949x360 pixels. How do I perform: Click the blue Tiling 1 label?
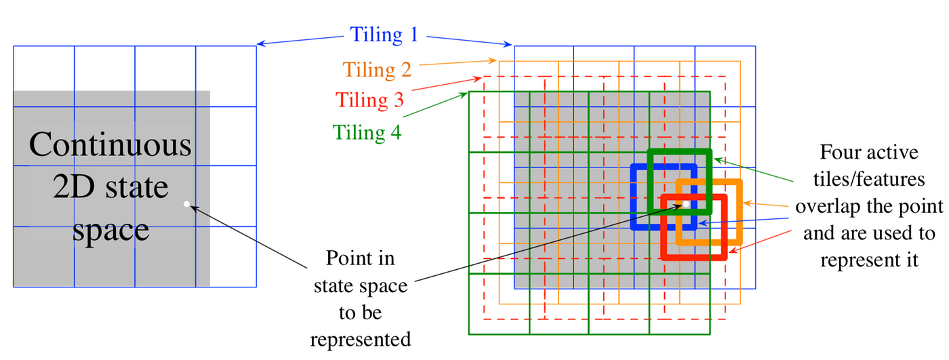(384, 34)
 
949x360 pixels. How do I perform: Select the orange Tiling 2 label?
(378, 69)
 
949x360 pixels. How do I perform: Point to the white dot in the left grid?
(186, 203)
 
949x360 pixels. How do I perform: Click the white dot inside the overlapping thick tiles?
(686, 203)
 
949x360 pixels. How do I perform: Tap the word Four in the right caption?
(836, 152)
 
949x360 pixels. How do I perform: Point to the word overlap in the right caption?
(832, 206)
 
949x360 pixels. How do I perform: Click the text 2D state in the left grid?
(110, 187)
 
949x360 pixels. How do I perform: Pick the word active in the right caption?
(891, 152)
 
